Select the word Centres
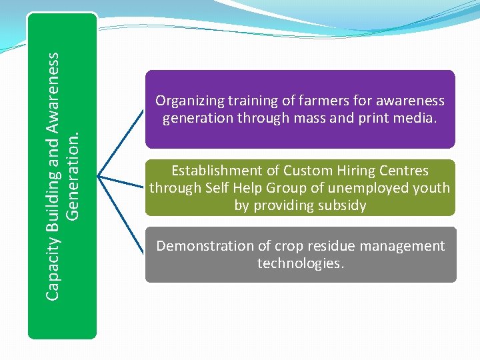[403, 171]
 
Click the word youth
[431, 188]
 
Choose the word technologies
[301, 263]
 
